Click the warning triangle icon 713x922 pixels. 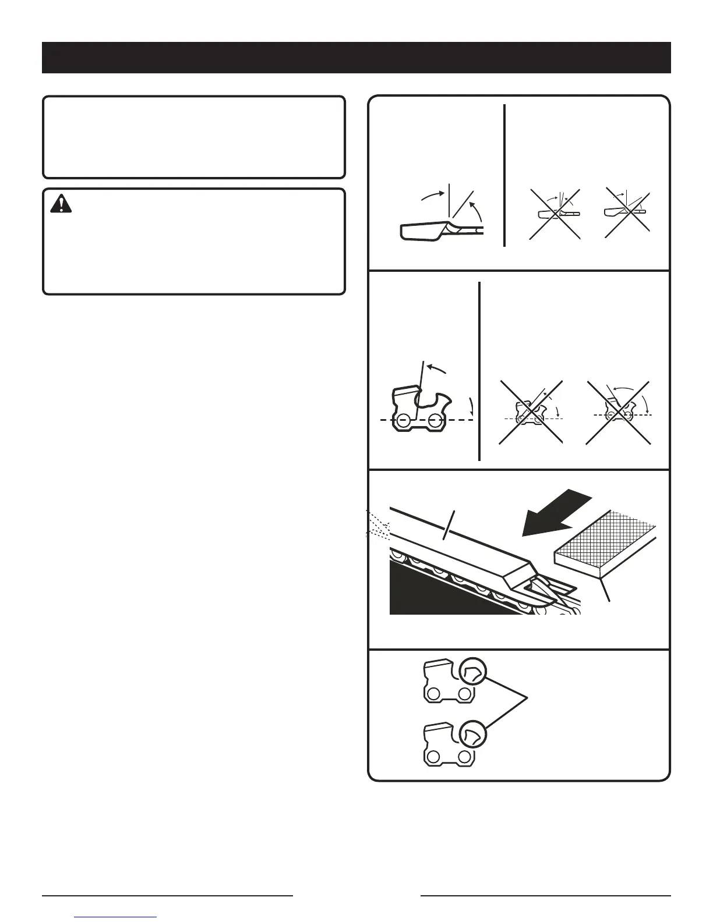pos(61,203)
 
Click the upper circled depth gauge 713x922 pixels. pos(472,672)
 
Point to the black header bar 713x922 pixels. pos(356,57)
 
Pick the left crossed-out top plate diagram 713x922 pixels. pos(555,213)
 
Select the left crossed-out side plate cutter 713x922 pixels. pos(531,413)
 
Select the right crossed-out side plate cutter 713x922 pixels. pos(618,412)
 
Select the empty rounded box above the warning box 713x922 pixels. pos(193,137)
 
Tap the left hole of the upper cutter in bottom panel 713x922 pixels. pos(433,694)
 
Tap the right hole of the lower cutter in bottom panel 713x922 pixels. pos(464,757)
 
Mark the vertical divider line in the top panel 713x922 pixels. pos(504,175)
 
